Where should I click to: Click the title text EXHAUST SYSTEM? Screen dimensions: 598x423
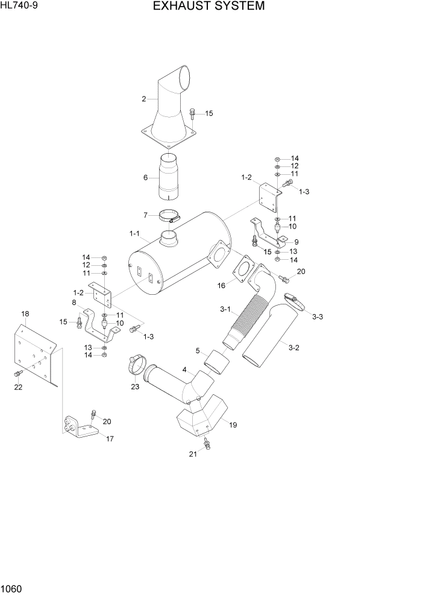point(208,7)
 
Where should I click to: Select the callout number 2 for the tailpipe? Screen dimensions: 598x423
point(144,99)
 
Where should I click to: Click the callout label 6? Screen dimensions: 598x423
point(145,177)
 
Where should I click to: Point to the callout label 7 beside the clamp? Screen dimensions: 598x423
point(145,215)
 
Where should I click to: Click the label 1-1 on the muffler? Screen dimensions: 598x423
point(134,233)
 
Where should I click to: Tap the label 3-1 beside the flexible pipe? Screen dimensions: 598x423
point(225,309)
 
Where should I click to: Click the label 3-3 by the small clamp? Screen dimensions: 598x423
point(318,316)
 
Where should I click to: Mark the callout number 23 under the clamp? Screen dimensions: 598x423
point(135,386)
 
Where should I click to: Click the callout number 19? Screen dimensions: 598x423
point(233,425)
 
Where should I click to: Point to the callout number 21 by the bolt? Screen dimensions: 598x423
point(193,455)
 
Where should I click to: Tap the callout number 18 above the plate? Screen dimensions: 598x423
point(25,314)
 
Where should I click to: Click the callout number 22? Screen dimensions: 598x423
point(18,387)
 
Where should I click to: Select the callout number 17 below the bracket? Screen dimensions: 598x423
point(110,439)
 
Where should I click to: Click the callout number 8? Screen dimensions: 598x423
point(74,303)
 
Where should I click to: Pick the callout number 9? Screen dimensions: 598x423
point(296,242)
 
